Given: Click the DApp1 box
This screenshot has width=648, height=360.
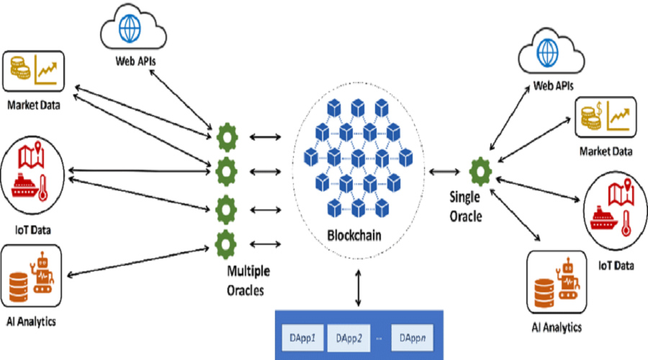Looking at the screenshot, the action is click(303, 338).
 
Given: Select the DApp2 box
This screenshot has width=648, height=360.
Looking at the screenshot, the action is click(348, 338).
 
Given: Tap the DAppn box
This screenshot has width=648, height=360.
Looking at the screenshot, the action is click(412, 338).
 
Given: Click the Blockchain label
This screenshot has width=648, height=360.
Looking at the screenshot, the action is click(354, 235).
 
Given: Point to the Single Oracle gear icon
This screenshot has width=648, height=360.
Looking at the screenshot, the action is click(480, 171).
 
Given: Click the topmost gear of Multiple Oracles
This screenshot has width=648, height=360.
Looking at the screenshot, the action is click(227, 138).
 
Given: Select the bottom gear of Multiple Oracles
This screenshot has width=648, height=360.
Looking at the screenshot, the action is click(225, 244).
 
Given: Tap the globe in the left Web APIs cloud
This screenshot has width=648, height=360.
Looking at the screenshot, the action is click(130, 29).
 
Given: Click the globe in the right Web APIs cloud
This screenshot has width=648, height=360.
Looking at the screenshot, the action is click(548, 53).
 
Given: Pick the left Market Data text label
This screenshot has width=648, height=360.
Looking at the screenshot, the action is click(33, 105).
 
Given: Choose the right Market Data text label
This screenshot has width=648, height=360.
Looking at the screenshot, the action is click(606, 151).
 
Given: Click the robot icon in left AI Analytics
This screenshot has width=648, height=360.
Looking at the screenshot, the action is click(42, 272).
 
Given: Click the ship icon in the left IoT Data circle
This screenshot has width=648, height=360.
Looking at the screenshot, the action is click(24, 186).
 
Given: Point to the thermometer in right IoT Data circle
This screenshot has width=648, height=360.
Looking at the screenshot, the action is click(626, 223).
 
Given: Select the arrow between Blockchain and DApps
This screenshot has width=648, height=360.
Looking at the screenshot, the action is click(359, 288).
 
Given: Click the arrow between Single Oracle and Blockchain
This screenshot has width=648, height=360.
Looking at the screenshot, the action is click(444, 171).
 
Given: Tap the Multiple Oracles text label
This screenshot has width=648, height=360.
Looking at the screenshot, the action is click(248, 281).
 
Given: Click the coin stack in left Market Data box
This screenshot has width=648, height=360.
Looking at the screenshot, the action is click(20, 68).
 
